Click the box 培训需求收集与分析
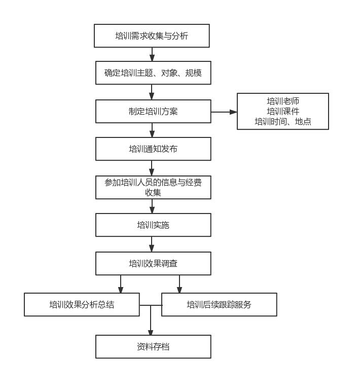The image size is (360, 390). point(152,36)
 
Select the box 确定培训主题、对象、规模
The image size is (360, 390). point(153,73)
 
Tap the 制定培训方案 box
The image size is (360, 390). point(153,112)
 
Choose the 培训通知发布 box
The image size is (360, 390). point(153,149)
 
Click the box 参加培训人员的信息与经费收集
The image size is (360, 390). point(153,188)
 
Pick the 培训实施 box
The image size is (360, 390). point(153,225)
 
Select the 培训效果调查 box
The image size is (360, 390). point(153,264)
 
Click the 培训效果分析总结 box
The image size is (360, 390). point(82,305)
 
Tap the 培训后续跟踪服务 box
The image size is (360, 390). point(219,305)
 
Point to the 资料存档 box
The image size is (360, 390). point(153,347)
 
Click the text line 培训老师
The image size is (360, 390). point(283,101)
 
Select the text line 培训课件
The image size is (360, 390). point(283,112)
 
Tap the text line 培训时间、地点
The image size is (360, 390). point(283,122)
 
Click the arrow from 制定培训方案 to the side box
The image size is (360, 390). point(224,112)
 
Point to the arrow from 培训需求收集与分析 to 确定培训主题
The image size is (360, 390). point(152,54)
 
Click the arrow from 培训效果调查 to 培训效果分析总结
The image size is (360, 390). point(121,284)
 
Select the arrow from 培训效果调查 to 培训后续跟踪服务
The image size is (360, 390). point(179,284)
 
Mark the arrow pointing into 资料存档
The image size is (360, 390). point(151,321)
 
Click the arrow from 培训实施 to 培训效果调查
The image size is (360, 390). point(152,244)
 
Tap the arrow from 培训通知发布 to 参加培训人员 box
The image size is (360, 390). point(152,168)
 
